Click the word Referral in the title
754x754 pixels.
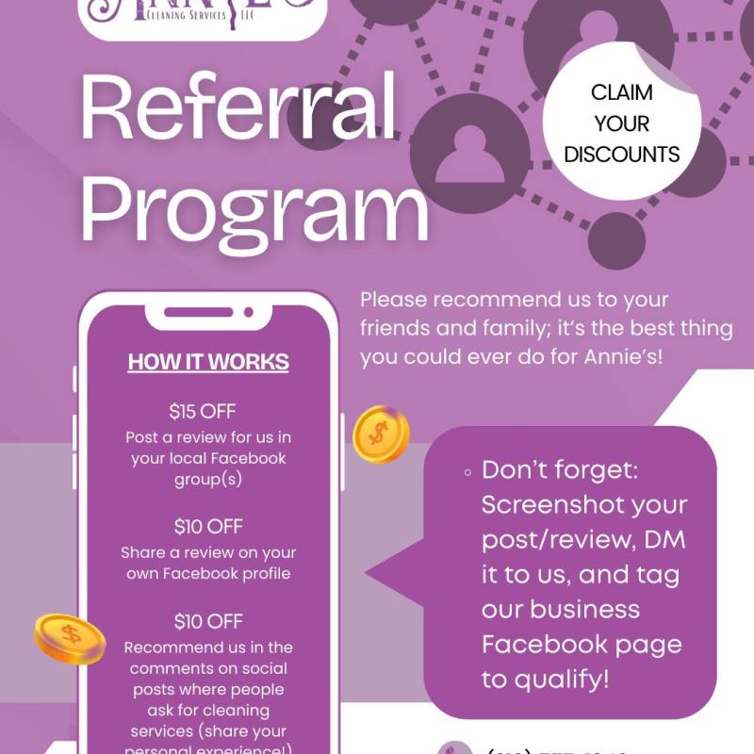[240, 111]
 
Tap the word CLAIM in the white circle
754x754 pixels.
[622, 92]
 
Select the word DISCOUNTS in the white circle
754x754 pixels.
[622, 154]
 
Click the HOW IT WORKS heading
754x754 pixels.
[208, 363]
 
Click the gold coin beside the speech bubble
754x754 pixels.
[380, 434]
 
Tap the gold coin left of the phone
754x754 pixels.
[70, 637]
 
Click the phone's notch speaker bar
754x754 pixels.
[208, 312]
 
